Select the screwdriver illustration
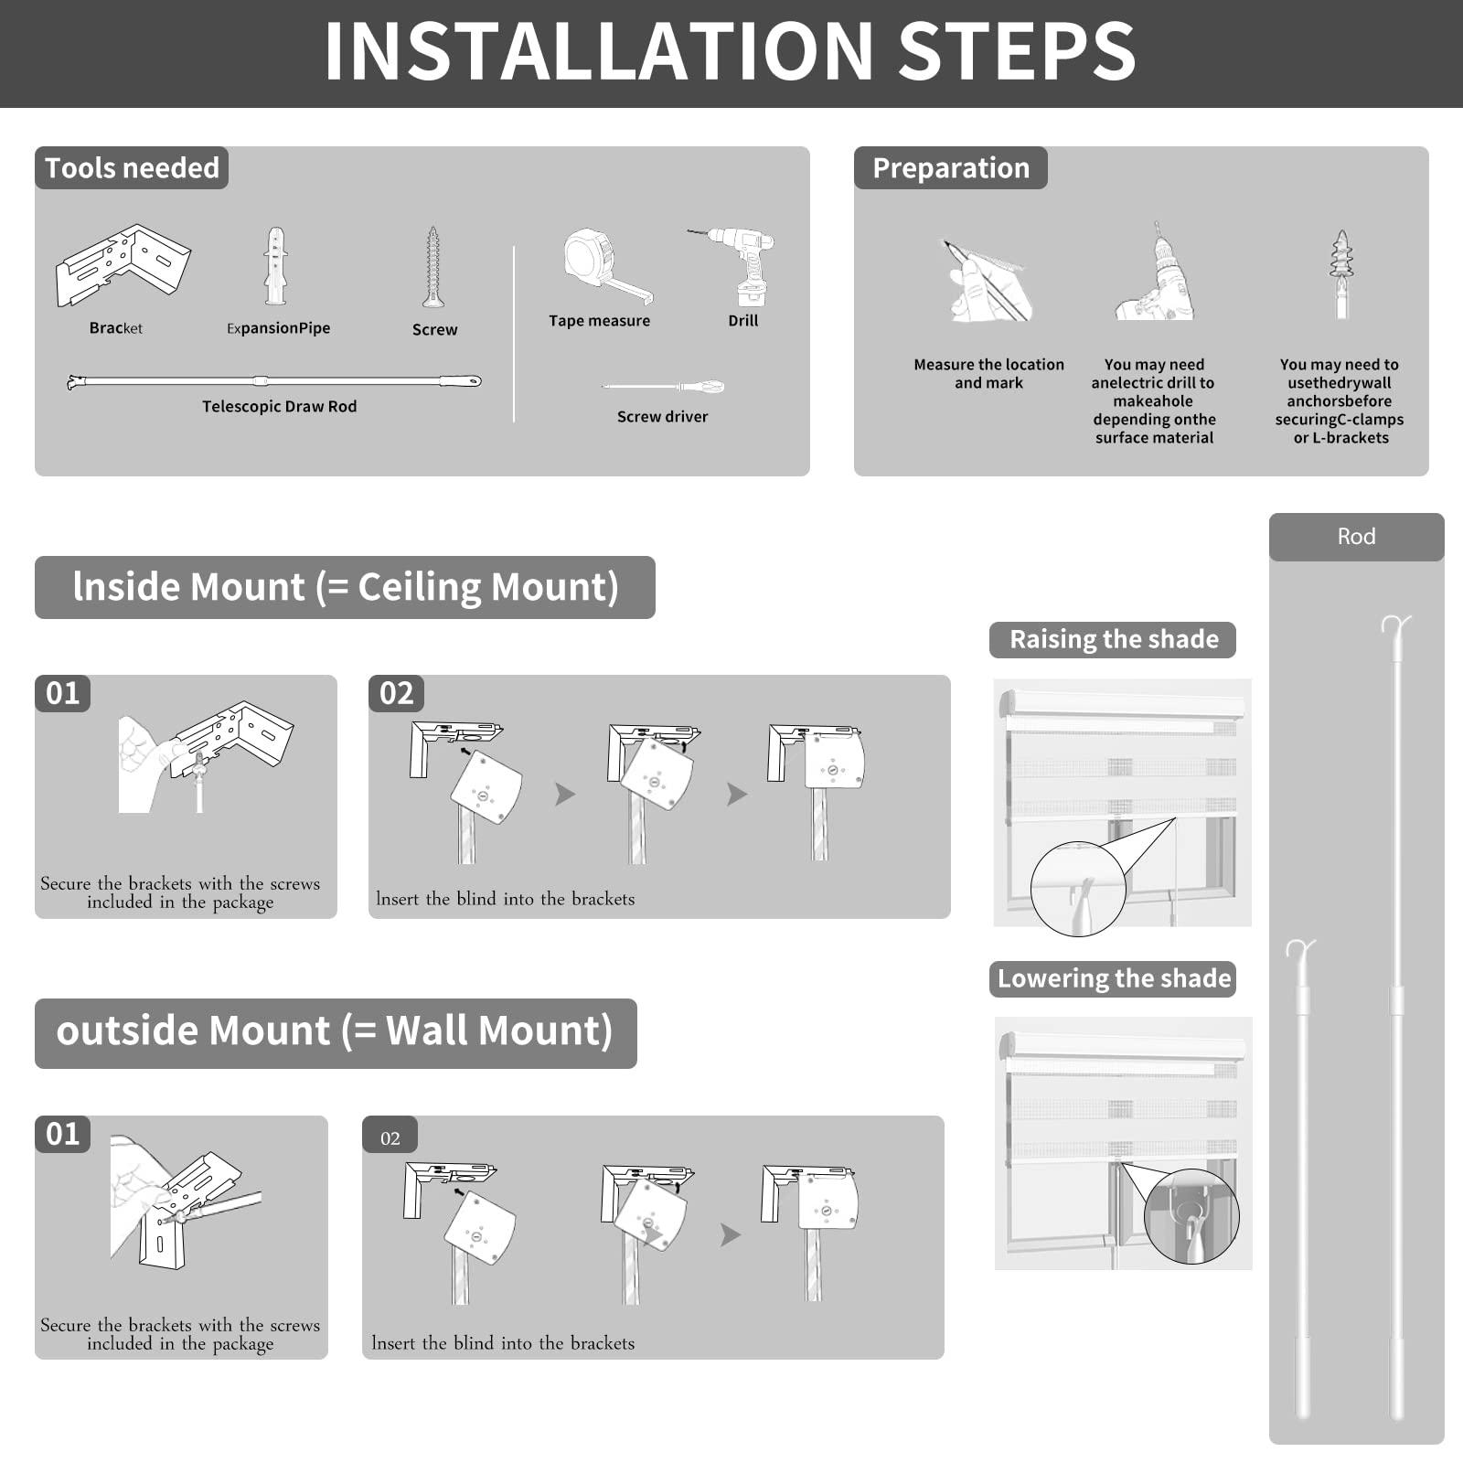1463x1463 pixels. coord(663,387)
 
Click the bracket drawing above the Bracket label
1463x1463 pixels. coord(123,265)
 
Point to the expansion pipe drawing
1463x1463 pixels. coord(275,266)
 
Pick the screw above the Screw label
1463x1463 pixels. coord(433,267)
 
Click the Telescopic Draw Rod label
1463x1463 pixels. coord(280,407)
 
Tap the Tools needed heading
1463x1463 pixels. coord(132,168)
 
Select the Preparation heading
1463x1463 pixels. coord(951,168)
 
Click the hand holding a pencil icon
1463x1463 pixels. coord(988,282)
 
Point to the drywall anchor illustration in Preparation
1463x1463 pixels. coord(1341,273)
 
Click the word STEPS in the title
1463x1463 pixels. coord(1017,51)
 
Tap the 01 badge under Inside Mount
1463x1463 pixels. coord(63,693)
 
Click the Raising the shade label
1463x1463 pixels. coord(1114,639)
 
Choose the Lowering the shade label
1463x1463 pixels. coord(1114,978)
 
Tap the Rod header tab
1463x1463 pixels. coord(1356,537)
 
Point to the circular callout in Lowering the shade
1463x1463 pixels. coord(1191,1217)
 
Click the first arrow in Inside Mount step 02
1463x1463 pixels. coord(565,795)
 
